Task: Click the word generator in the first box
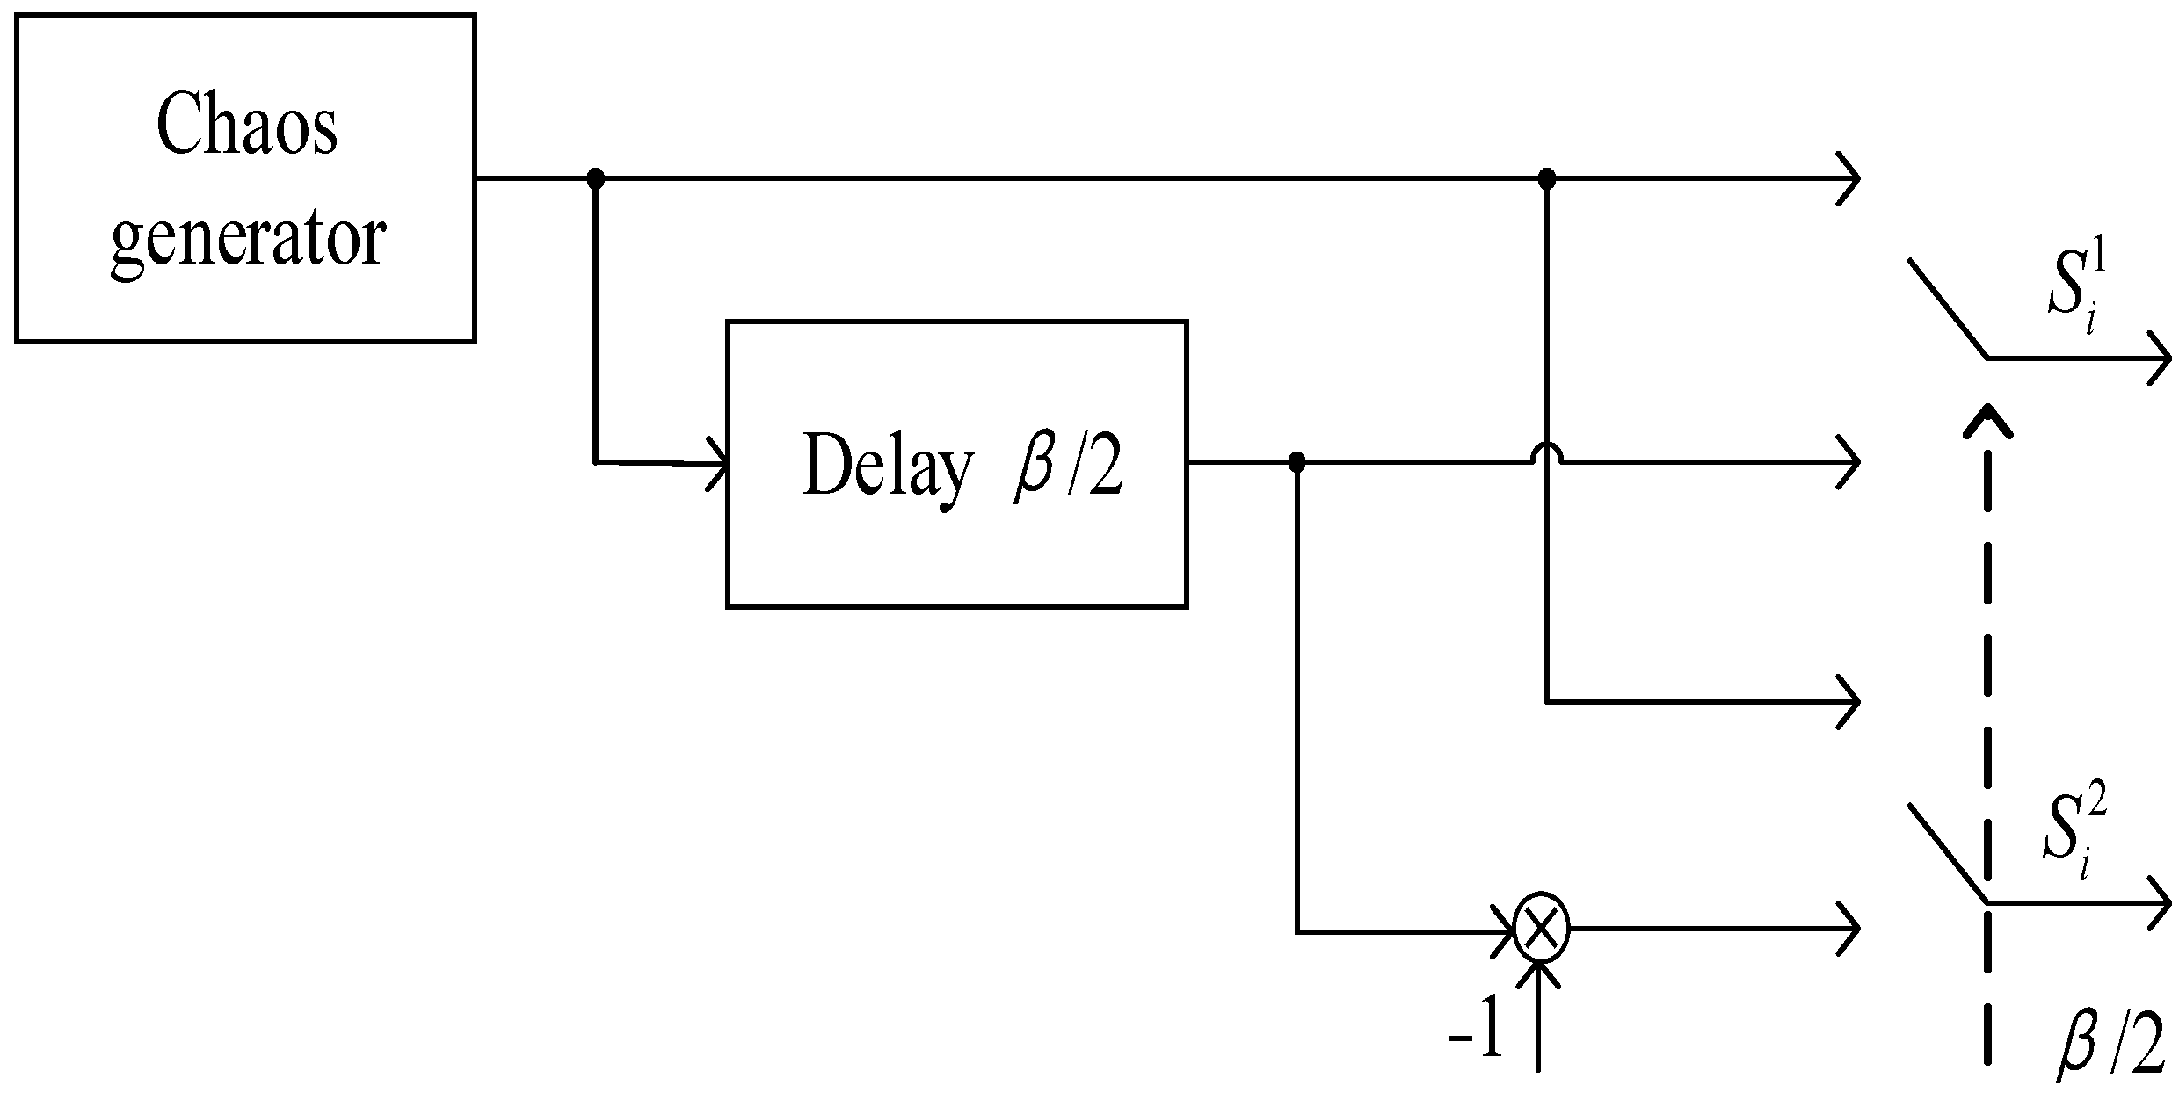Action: (249, 239)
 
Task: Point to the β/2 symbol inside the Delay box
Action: (1069, 465)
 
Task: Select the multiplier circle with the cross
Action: (1540, 929)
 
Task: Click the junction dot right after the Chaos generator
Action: (596, 179)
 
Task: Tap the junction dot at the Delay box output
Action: (1296, 461)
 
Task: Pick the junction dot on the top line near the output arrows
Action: (1547, 179)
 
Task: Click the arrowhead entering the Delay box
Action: (720, 462)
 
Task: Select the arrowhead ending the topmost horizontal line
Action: (1849, 179)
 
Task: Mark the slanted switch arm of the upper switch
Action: (1948, 309)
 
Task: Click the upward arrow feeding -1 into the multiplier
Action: (1539, 1019)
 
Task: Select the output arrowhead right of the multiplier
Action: (1849, 928)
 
